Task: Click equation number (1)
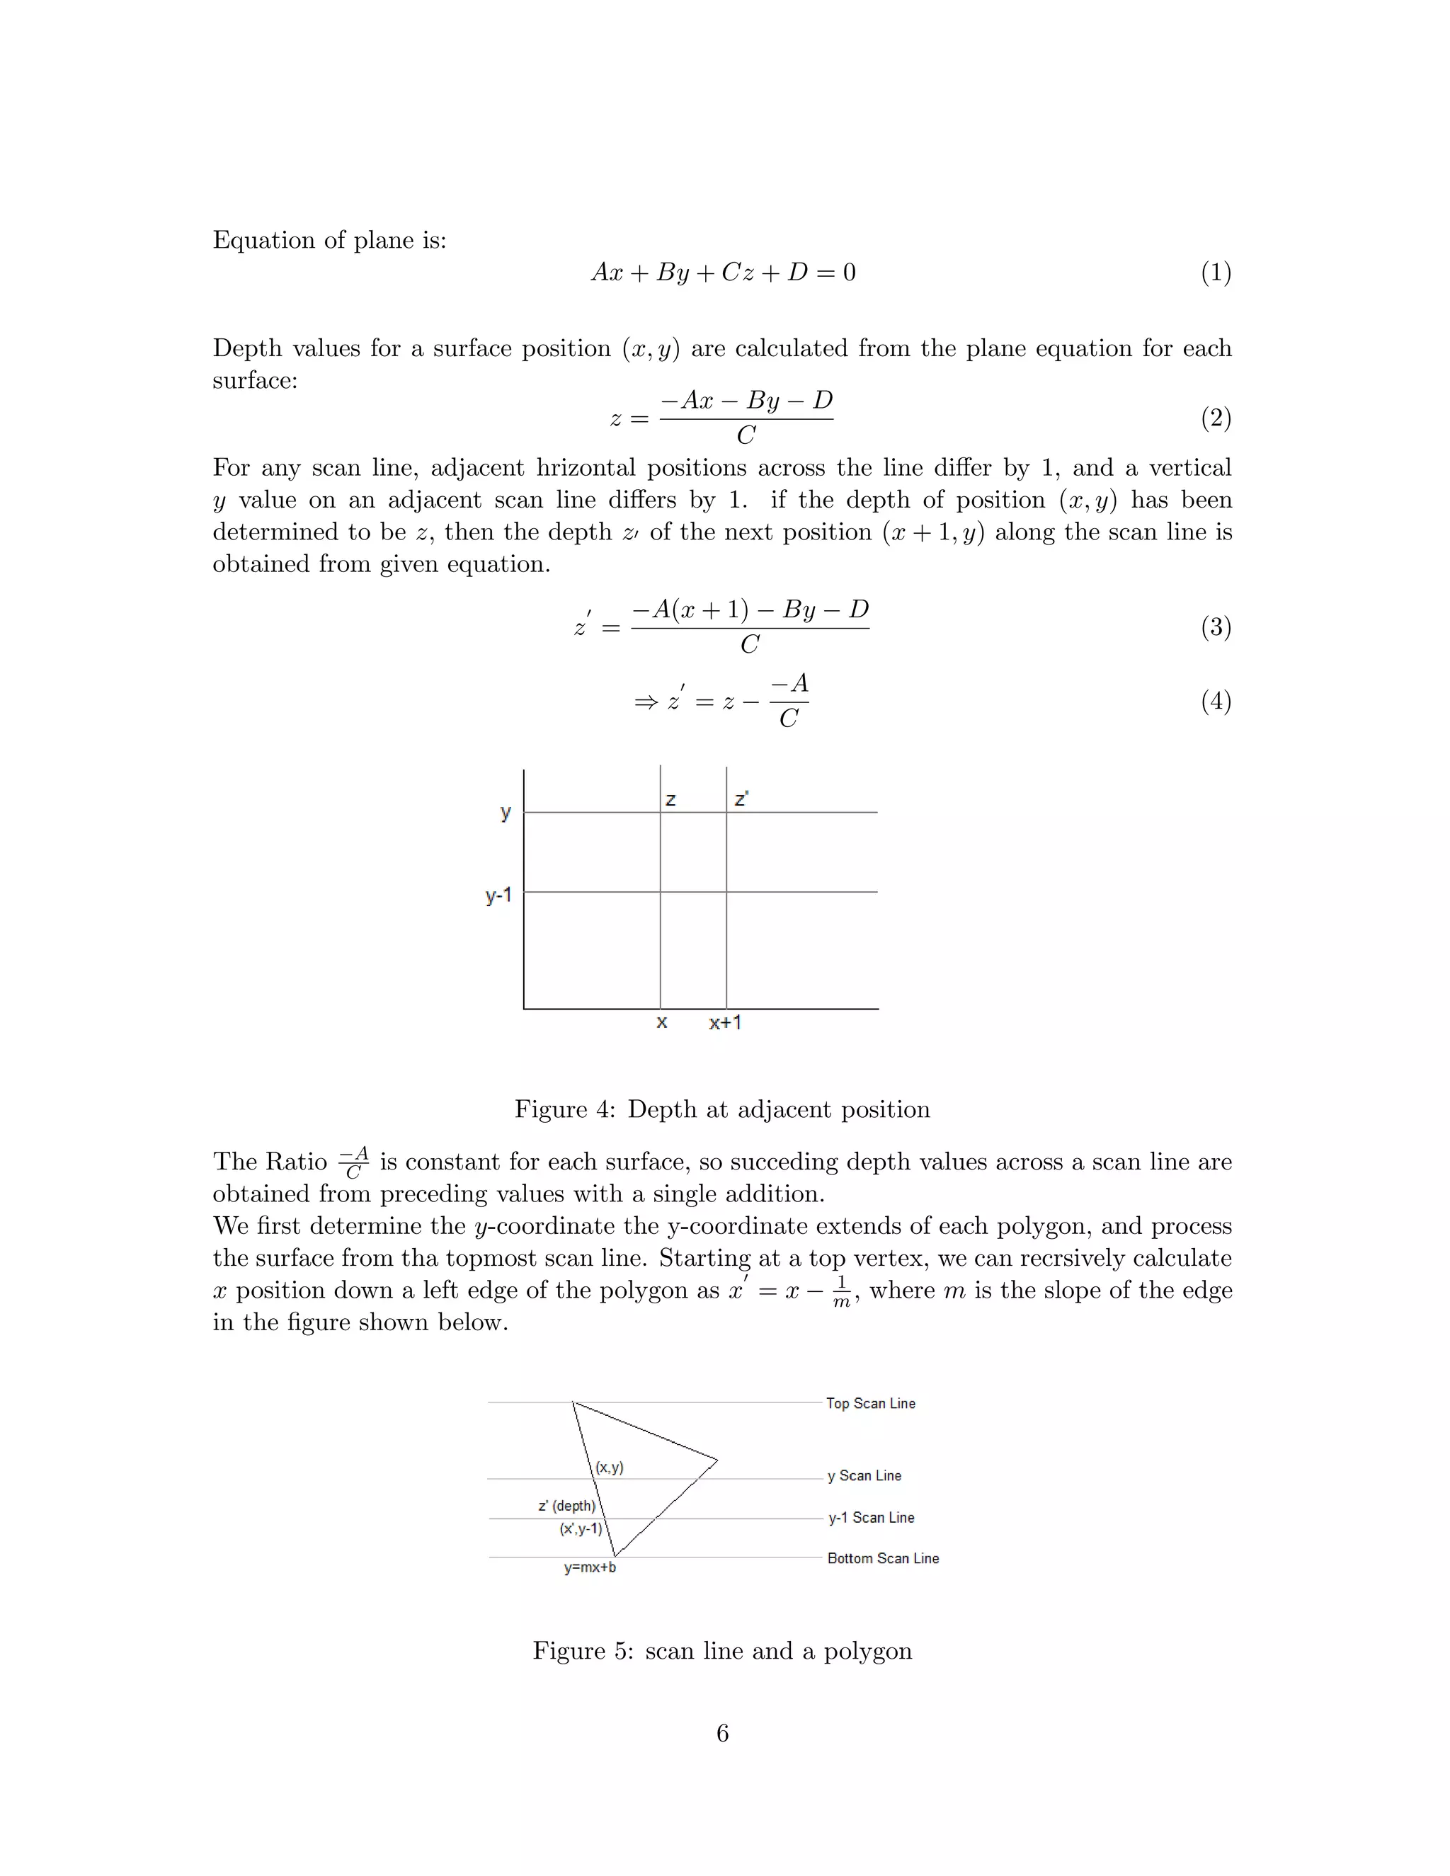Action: tap(1216, 273)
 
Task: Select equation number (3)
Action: tap(1216, 627)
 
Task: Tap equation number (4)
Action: tap(1216, 702)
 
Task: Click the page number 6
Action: tap(722, 1734)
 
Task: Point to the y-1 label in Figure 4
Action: tap(498, 896)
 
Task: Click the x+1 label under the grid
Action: tap(725, 1022)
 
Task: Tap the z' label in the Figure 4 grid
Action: tap(741, 799)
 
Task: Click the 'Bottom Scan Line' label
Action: tap(882, 1558)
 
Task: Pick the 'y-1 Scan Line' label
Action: tap(870, 1518)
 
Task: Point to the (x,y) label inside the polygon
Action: tap(610, 1468)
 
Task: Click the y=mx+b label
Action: tap(589, 1567)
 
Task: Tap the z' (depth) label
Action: tap(567, 1506)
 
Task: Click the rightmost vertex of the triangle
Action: tap(717, 1460)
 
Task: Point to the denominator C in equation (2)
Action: tap(746, 435)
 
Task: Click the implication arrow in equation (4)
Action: tap(646, 703)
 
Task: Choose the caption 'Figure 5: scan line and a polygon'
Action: tap(722, 1651)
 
